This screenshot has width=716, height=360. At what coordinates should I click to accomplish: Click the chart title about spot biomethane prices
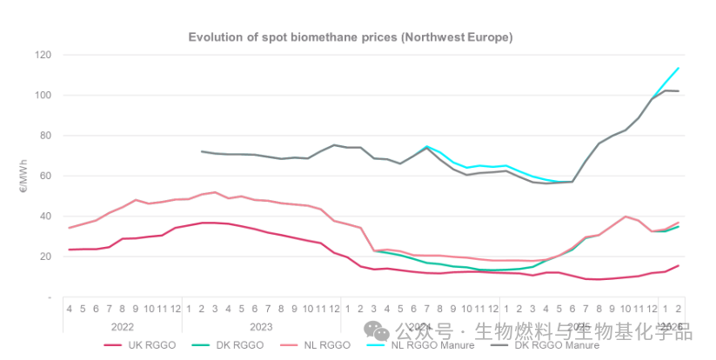(x=351, y=37)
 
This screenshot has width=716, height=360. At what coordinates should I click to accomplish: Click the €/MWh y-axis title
(x=23, y=176)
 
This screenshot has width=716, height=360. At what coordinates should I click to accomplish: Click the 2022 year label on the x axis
(x=123, y=326)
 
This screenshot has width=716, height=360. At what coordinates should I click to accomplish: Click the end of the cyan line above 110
(x=679, y=68)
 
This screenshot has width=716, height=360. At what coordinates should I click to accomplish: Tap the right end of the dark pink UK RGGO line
(x=679, y=266)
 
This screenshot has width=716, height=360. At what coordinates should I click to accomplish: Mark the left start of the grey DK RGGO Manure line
(x=202, y=151)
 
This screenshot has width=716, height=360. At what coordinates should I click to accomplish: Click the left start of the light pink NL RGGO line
(x=69, y=228)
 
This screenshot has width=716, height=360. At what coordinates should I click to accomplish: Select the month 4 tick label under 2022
(x=69, y=308)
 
